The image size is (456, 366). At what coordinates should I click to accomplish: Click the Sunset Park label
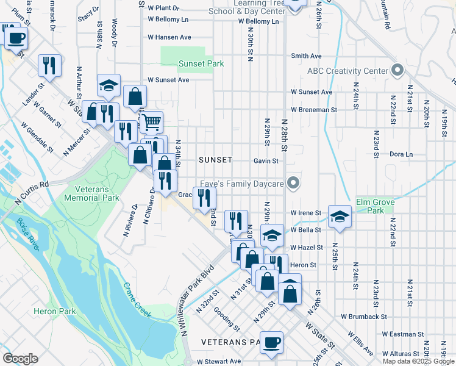tap(201, 63)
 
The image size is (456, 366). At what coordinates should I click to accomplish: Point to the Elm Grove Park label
tap(376, 206)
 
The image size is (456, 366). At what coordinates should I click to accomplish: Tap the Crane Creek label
tap(137, 300)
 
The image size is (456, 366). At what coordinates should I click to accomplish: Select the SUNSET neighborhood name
tap(215, 160)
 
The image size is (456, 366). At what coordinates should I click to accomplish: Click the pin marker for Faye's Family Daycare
tap(294, 183)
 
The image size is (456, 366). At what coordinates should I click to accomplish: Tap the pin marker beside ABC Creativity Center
tap(397, 71)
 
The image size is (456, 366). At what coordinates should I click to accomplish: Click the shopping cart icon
tap(151, 121)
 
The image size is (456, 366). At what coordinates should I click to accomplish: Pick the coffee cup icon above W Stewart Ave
tap(271, 342)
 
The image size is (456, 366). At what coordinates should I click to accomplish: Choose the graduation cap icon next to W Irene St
tap(340, 216)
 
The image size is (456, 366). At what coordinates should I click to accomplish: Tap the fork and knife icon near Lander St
tap(49, 65)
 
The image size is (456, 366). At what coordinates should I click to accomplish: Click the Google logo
tap(20, 358)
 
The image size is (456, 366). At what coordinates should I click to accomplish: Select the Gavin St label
tap(266, 161)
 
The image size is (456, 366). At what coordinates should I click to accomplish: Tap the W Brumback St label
tap(364, 317)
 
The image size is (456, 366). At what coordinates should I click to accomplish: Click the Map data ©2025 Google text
tap(418, 361)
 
